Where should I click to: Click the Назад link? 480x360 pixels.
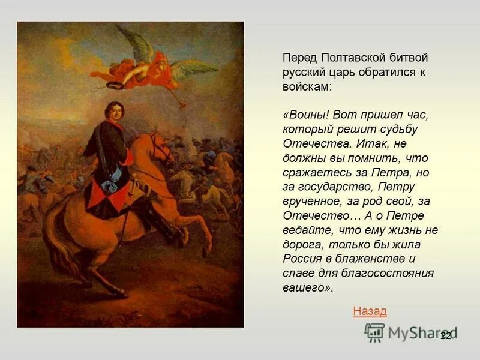370,311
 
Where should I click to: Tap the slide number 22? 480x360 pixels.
445,335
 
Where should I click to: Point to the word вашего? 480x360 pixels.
305,288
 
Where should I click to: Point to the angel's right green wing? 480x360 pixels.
192,69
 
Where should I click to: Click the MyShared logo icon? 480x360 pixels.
375,332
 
